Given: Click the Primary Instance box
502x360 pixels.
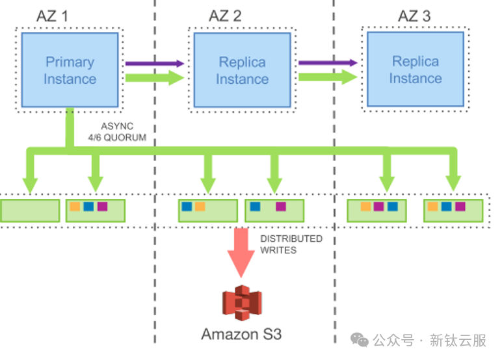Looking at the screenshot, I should click(x=70, y=70).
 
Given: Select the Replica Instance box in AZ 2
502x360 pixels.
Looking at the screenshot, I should click(x=242, y=70).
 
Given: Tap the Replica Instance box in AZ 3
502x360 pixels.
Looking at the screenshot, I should click(x=416, y=70).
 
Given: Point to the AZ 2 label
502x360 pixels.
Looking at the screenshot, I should click(x=225, y=16).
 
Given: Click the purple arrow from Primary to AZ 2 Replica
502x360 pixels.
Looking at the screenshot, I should click(x=155, y=64).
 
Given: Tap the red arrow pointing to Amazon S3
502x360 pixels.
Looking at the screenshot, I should click(x=241, y=253).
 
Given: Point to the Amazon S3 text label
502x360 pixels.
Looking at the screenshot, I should click(x=241, y=335).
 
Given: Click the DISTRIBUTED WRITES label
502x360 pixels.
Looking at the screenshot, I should click(x=291, y=244).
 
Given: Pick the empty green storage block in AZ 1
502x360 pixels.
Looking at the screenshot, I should click(x=30, y=210).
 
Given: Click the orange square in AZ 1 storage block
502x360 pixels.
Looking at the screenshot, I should click(x=75, y=207).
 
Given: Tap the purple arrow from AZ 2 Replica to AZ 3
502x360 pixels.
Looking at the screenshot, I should click(x=328, y=63).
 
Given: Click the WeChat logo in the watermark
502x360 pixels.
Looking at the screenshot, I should click(x=360, y=340).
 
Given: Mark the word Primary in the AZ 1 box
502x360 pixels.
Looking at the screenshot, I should click(x=70, y=62).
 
